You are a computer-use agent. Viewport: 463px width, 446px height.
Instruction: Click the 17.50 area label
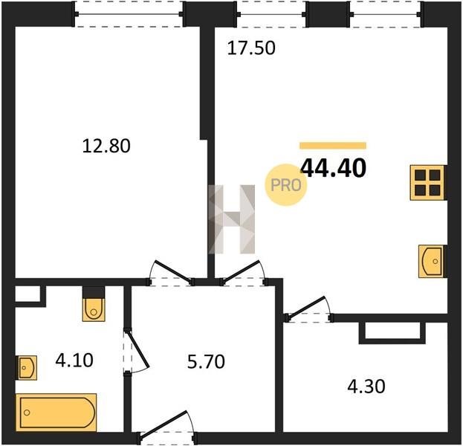tap(251, 48)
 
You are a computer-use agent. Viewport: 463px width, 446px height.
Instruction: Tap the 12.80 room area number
tap(106, 146)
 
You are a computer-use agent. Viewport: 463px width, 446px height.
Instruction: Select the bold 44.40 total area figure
tap(333, 168)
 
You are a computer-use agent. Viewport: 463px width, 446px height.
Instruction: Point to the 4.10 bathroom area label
tap(74, 361)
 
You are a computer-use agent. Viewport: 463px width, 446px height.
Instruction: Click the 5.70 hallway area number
tap(206, 361)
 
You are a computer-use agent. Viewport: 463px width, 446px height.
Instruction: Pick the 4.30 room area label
tap(366, 387)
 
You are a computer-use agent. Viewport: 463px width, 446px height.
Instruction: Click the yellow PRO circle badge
tap(286, 185)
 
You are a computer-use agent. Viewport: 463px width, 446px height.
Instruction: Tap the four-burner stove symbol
tap(427, 183)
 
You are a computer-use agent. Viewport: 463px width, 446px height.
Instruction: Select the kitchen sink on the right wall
tap(431, 262)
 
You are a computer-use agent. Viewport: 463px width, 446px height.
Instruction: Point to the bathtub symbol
tap(56, 413)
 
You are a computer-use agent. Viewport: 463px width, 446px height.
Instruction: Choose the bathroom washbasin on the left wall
tap(27, 367)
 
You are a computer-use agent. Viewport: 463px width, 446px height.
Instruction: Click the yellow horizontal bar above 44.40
tap(333, 146)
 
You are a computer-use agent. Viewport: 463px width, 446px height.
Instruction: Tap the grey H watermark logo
tap(232, 219)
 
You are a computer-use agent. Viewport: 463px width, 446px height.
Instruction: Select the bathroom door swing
tap(136, 351)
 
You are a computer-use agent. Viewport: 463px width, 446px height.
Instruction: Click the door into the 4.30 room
tap(309, 309)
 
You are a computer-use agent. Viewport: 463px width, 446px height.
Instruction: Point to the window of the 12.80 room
tap(129, 14)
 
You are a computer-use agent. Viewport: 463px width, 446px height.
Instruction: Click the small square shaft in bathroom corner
tap(27, 294)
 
